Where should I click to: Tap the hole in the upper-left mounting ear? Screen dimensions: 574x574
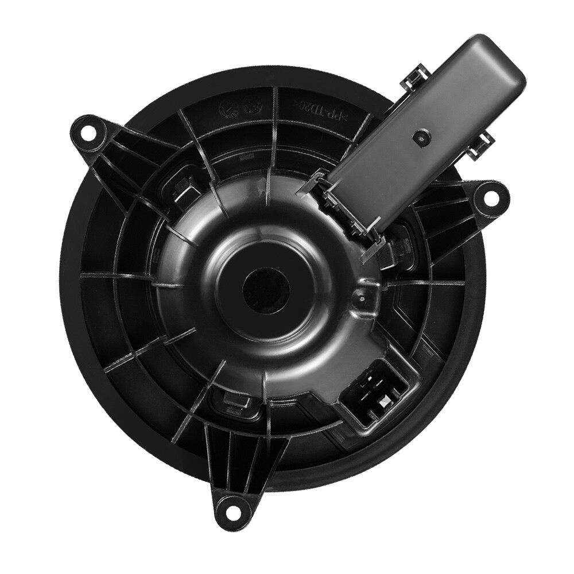click(x=88, y=132)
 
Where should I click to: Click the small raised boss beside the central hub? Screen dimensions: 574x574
click(x=360, y=297)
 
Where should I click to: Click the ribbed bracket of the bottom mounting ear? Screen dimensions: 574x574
click(x=232, y=459)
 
